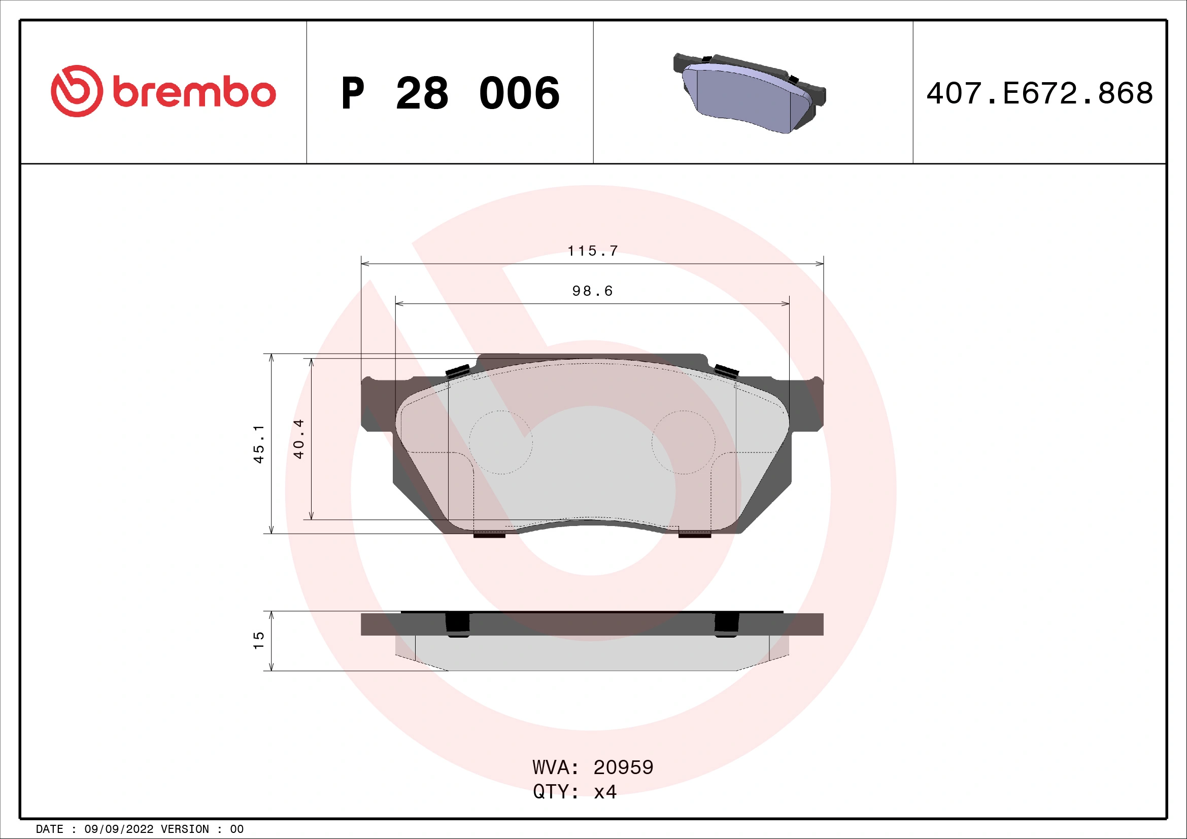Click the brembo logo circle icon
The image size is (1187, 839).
point(77,91)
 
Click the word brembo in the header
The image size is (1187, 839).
point(194,93)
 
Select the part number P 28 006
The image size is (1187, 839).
point(450,93)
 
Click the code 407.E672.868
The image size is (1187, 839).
point(1039,93)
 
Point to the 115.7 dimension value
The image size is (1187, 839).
point(592,251)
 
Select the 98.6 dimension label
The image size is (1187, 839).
point(592,291)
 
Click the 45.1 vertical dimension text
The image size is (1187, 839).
point(258,444)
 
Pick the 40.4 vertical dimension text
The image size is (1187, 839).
point(299,439)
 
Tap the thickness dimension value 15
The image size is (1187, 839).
point(258,641)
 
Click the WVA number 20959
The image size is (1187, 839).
point(623,767)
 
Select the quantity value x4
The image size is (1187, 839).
point(605,792)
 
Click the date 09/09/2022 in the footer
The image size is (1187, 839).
point(119,829)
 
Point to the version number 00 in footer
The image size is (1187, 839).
point(237,829)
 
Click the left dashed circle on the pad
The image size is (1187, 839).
point(500,442)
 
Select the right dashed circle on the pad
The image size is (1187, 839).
point(684,442)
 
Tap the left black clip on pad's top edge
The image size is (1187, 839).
point(458,371)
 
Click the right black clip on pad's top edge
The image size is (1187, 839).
point(726,371)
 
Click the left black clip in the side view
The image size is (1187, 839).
point(458,624)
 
